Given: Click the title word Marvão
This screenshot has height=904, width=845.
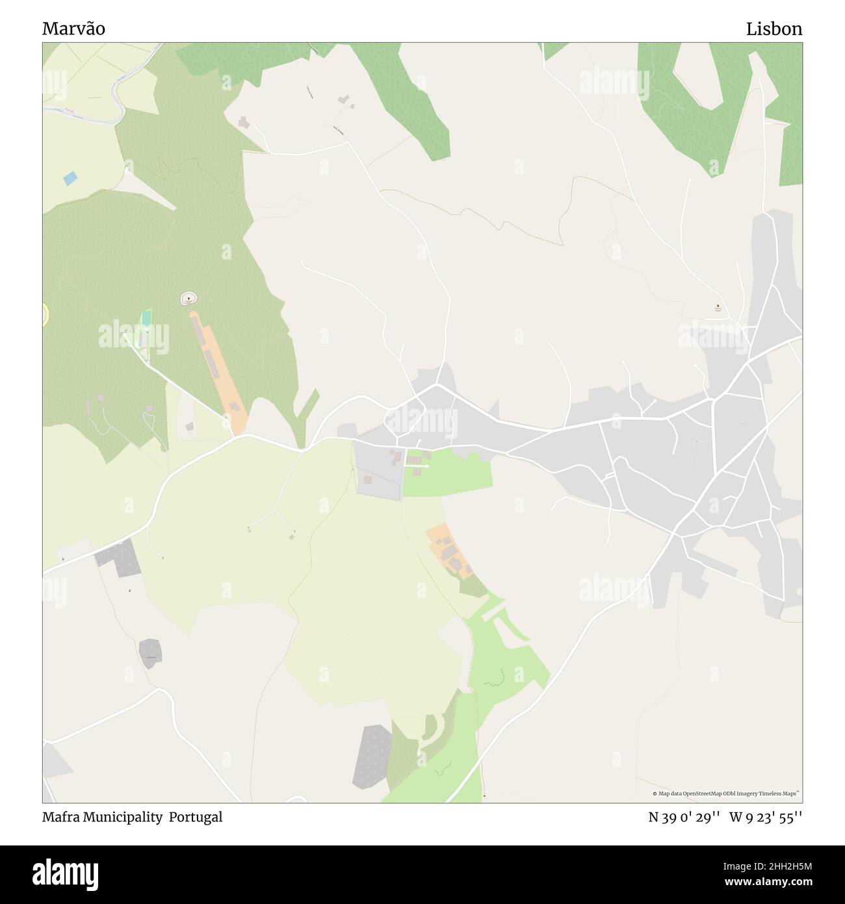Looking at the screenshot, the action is pyautogui.click(x=73, y=29).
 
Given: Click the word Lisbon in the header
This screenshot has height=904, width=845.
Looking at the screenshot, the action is pyautogui.click(x=773, y=29).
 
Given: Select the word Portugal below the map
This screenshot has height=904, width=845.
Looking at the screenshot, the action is pyautogui.click(x=196, y=817).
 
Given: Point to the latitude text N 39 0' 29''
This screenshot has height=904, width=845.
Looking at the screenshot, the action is pyautogui.click(x=683, y=817).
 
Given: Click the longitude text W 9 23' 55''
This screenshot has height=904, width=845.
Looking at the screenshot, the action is pyautogui.click(x=766, y=817).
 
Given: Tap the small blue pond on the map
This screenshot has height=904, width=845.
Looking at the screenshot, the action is pyautogui.click(x=69, y=177).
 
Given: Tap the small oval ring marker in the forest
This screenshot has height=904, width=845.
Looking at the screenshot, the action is pyautogui.click(x=188, y=298).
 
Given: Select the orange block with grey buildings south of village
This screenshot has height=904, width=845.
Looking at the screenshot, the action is pyautogui.click(x=450, y=550).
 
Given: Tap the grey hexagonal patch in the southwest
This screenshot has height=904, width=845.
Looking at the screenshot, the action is pyautogui.click(x=150, y=652).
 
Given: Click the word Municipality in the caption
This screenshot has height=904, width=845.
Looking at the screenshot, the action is pyautogui.click(x=123, y=817).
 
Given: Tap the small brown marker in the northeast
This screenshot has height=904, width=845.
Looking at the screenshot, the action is pyautogui.click(x=718, y=306).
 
